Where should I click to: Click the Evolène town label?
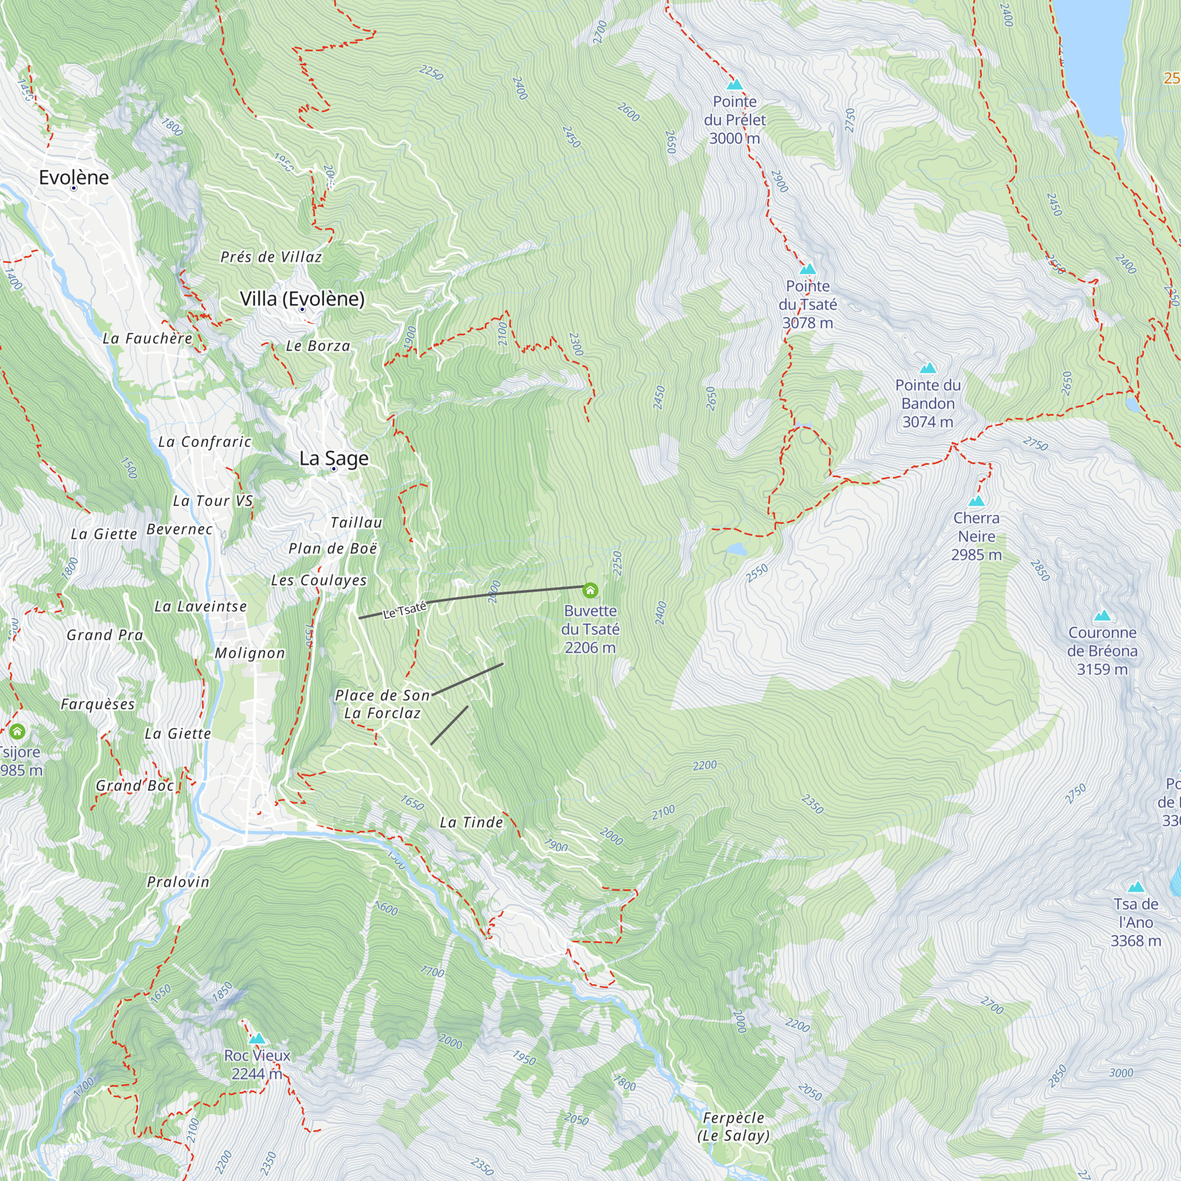click(x=74, y=177)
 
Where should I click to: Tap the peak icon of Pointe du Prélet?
click(x=735, y=84)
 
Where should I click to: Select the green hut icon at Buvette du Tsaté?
click(x=590, y=590)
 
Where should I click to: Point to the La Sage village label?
click(x=334, y=458)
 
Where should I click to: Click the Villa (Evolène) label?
click(x=302, y=299)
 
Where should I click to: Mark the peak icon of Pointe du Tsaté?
click(x=807, y=269)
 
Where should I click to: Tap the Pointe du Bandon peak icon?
click(x=928, y=368)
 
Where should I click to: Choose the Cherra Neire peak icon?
click(x=976, y=501)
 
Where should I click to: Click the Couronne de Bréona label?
click(x=1102, y=650)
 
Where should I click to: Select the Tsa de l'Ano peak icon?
click(x=1136, y=887)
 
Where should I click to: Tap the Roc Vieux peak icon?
click(x=257, y=1039)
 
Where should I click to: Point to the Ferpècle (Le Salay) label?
click(x=733, y=1127)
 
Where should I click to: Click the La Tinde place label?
click(x=471, y=822)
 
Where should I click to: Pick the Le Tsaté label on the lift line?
click(x=404, y=610)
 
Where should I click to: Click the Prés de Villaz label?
click(x=271, y=257)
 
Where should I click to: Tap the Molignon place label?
click(x=249, y=653)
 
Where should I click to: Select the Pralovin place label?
click(x=178, y=882)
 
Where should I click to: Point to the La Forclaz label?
click(x=382, y=713)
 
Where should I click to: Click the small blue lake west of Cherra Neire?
click(x=736, y=549)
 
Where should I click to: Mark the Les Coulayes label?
click(x=318, y=580)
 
